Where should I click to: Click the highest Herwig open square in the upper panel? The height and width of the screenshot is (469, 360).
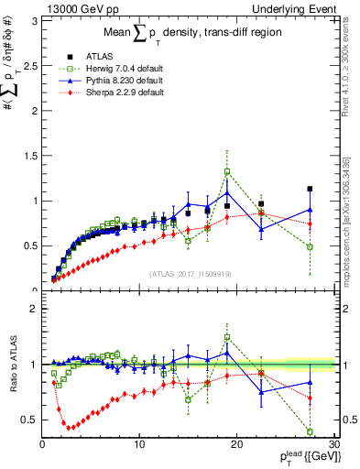pyautogui.click(x=227, y=171)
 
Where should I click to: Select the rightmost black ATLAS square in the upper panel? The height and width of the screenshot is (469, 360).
pyautogui.click(x=310, y=189)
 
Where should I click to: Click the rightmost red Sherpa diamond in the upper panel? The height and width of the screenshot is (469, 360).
pyautogui.click(x=310, y=224)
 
